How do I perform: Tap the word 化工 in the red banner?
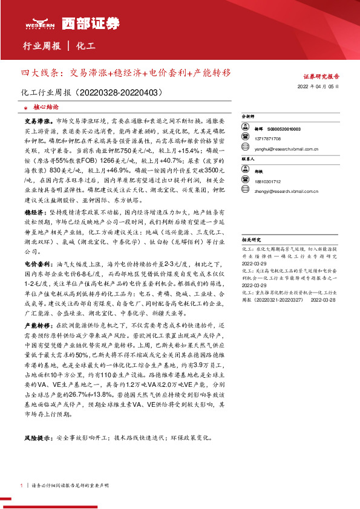[87, 45]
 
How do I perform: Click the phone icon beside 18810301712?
[247, 181]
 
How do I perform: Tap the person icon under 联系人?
[247, 172]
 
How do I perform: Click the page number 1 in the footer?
[22, 485]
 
